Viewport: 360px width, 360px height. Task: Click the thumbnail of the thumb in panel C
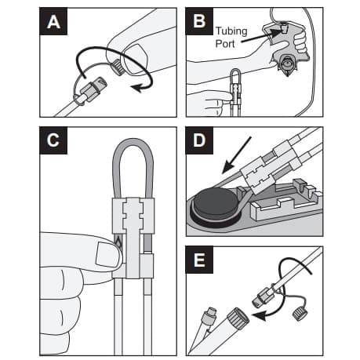(x=103, y=253)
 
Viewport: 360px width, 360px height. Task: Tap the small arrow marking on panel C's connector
(x=118, y=240)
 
